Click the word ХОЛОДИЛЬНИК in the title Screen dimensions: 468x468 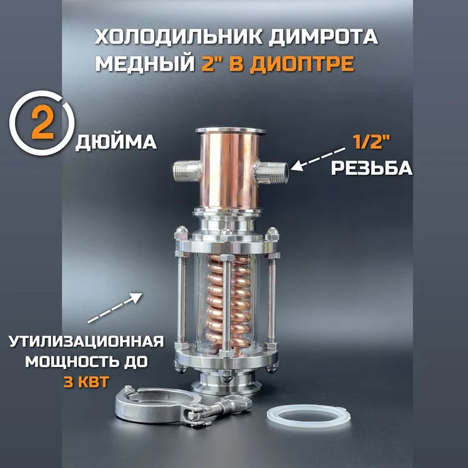(x=179, y=37)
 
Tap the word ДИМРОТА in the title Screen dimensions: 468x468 (x=323, y=37)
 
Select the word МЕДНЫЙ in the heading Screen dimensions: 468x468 (x=145, y=64)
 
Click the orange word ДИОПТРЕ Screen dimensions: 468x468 (x=301, y=64)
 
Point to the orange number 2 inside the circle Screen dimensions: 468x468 (x=42, y=124)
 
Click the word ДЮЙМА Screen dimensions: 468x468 (x=117, y=142)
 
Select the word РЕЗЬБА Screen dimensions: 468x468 (x=372, y=168)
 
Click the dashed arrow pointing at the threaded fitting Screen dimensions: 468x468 (x=318, y=159)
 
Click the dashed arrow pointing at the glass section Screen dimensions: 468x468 (x=115, y=308)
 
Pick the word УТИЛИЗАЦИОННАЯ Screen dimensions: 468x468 (x=87, y=341)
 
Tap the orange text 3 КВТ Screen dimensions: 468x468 (x=86, y=381)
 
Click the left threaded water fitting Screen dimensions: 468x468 (x=187, y=171)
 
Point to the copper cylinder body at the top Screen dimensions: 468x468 (x=230, y=170)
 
